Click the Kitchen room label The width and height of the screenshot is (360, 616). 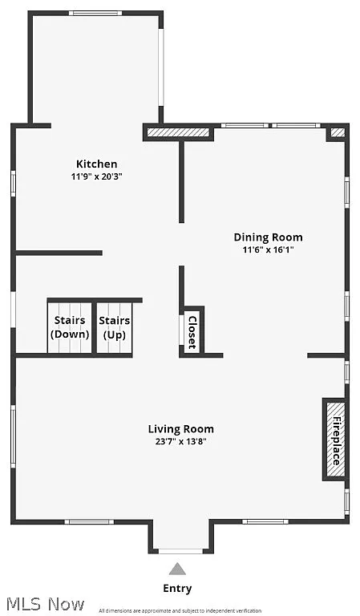[96, 164]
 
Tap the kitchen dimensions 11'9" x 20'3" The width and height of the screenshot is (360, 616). [96, 176]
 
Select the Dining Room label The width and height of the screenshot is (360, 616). [268, 237]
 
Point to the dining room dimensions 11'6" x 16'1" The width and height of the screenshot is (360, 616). [268, 249]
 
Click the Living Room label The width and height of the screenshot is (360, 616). [180, 428]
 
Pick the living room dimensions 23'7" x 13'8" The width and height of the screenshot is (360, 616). [180, 441]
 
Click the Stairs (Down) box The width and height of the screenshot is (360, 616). [70, 327]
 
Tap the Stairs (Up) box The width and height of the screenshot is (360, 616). [115, 327]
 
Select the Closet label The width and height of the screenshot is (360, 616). [192, 331]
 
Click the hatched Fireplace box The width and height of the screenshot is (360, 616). [334, 440]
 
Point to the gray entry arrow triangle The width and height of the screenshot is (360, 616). [177, 569]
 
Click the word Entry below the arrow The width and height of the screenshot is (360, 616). [177, 588]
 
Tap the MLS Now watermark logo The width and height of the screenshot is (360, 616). [43, 603]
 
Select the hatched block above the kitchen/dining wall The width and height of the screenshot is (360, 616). [178, 132]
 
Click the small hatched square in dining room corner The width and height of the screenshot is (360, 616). [338, 132]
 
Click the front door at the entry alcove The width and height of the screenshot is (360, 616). [180, 551]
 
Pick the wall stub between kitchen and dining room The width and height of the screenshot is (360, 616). [182, 181]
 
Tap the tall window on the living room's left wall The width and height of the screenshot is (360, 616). [13, 436]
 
